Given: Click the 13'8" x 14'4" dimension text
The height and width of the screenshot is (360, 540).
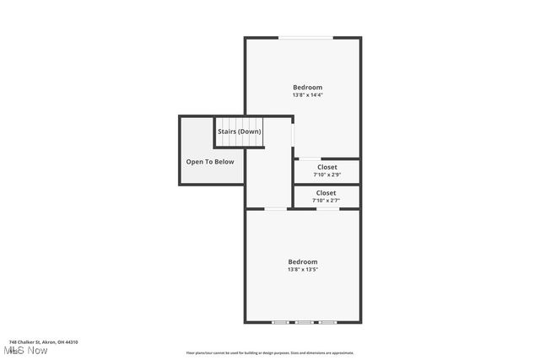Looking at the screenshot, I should (307, 94).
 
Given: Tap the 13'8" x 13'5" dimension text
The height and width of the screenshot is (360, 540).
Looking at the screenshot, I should (302, 270).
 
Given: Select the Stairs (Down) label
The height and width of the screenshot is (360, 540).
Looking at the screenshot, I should (240, 132).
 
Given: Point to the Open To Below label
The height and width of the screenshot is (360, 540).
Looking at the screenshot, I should (210, 162).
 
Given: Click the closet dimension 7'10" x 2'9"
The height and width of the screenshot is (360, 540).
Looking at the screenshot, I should (327, 175).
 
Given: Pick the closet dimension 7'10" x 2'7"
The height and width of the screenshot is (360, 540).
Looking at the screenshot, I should (326, 201).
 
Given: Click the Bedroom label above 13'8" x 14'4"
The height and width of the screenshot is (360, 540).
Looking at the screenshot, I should (307, 87).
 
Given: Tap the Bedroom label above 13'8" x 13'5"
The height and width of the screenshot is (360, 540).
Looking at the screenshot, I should (302, 261).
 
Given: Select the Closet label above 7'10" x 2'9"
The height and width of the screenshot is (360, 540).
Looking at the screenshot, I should (327, 167).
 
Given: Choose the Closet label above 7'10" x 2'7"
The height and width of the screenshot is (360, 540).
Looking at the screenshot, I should (326, 193).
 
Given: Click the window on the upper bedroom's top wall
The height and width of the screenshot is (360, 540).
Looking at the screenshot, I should (306, 37).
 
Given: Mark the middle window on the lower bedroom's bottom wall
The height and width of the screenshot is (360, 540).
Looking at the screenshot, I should (303, 322).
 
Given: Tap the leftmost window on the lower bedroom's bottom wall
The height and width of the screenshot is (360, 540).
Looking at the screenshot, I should (279, 322).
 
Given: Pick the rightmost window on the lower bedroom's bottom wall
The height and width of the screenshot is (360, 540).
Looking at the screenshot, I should (327, 322).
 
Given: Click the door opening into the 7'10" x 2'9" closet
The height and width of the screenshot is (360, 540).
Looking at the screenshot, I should (309, 159).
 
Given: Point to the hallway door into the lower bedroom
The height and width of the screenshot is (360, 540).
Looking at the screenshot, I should (275, 209).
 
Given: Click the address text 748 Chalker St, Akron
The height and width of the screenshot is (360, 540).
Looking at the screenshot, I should (43, 341).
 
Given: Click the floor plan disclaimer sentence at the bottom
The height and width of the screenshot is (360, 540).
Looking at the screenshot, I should (270, 353).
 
